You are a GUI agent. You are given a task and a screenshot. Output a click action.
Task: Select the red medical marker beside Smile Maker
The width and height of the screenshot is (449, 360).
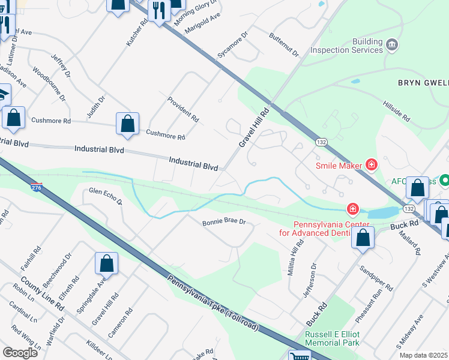tap(372, 164)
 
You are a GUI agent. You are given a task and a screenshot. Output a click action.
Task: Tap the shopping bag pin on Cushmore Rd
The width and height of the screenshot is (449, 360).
tap(128, 124)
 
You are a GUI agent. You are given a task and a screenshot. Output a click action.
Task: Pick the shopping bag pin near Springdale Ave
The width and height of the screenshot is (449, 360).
tap(106, 263)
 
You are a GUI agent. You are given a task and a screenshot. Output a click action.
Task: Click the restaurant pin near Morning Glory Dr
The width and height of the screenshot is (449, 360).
tap(158, 11)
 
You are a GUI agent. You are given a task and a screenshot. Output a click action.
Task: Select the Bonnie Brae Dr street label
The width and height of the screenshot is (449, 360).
tap(224, 221)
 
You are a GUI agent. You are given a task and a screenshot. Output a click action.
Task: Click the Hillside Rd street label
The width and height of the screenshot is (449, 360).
tap(397, 111)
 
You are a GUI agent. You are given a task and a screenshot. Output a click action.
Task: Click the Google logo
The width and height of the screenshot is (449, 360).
tap(20, 353)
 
